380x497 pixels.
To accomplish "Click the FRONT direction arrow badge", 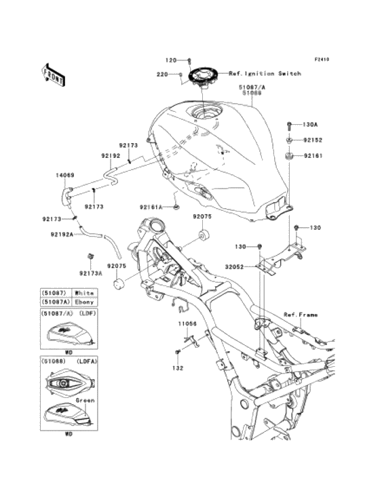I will tap(54, 74).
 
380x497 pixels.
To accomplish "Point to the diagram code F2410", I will tap(321, 59).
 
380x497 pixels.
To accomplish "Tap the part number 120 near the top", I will tap(172, 60).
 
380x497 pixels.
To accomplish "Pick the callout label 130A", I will tap(310, 125).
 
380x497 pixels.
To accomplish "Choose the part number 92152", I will tap(312, 140).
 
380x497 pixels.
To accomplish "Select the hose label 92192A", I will tap(62, 235).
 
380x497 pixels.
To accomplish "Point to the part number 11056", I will tap(187, 324).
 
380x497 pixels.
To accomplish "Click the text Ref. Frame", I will tap(300, 315).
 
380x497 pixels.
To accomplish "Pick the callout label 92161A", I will tap(152, 207).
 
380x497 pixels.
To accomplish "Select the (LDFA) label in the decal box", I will tap(87, 361).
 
